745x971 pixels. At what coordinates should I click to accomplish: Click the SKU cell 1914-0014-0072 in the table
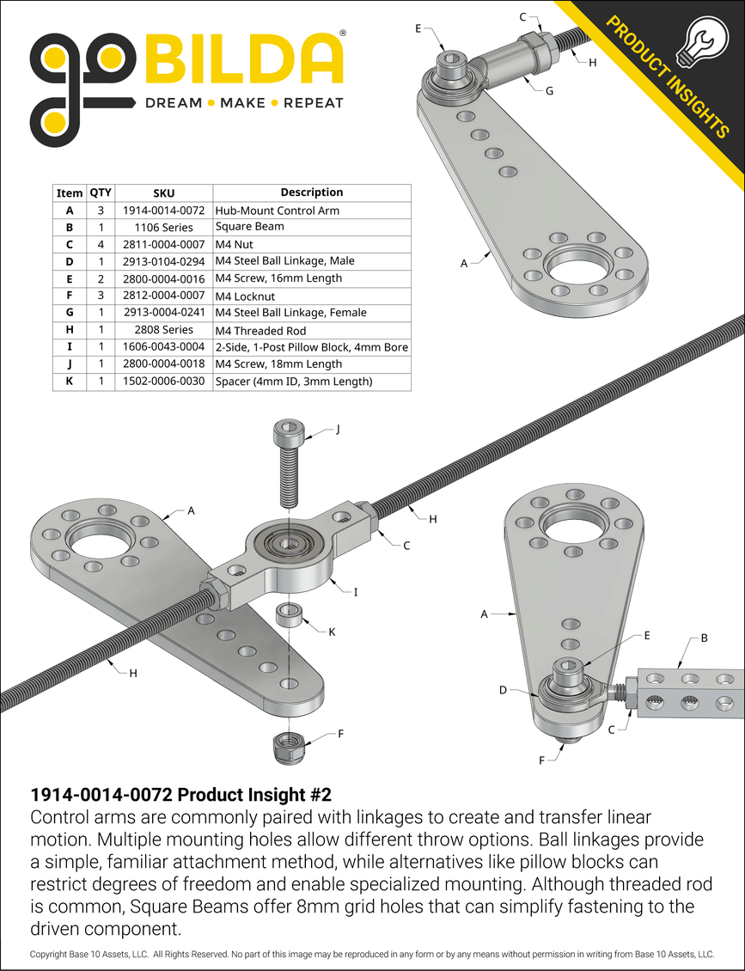pos(163,210)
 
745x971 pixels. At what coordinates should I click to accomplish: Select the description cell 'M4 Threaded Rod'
pos(260,330)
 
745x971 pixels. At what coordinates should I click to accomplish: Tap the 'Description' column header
pos(311,192)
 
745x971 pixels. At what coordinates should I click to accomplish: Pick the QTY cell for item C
pos(101,244)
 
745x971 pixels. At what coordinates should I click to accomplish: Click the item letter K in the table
pos(70,381)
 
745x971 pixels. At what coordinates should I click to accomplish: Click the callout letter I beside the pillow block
pos(356,592)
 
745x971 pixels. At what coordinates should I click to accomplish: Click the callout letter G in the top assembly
pos(549,90)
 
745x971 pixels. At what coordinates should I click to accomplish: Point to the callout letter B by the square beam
pos(704,638)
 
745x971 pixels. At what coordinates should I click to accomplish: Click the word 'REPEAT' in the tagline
pos(314,103)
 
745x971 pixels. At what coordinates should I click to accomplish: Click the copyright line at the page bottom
pos(372,955)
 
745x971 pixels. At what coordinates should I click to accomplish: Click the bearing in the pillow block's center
pos(289,547)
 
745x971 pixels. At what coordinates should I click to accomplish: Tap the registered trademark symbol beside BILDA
pos(343,34)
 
